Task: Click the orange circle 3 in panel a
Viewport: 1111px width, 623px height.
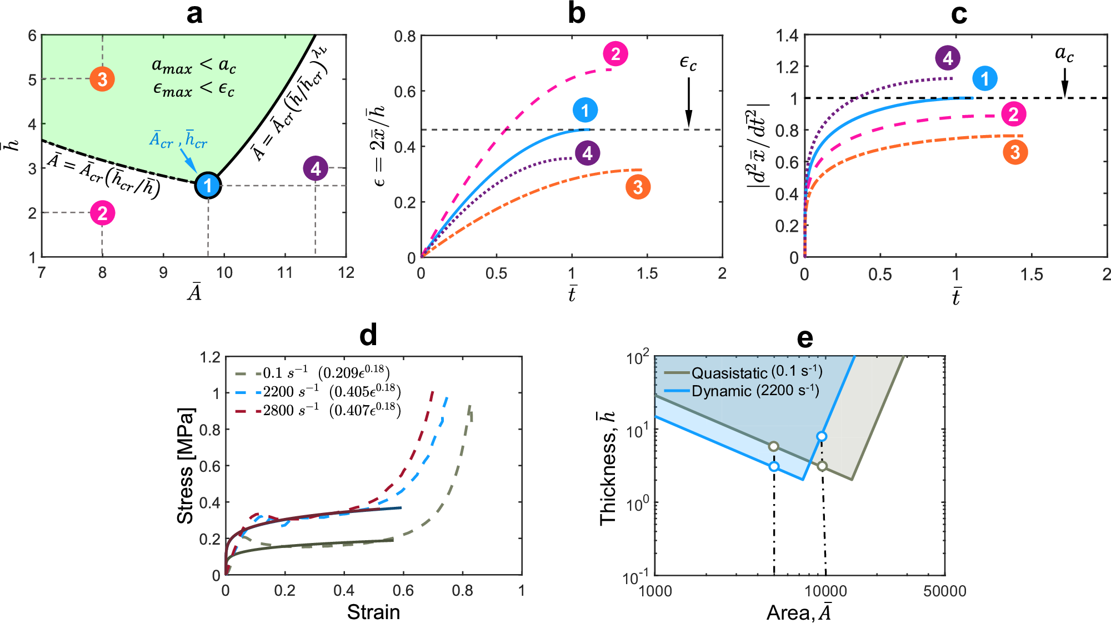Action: pyautogui.click(x=102, y=79)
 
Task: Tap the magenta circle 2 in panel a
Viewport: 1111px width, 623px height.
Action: pyautogui.click(x=103, y=213)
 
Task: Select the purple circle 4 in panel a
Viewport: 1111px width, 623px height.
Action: pyautogui.click(x=316, y=168)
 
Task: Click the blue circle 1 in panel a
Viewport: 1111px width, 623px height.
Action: pyautogui.click(x=208, y=185)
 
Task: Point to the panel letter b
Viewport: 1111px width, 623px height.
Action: pyautogui.click(x=577, y=13)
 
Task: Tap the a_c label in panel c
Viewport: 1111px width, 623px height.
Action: pyautogui.click(x=1064, y=54)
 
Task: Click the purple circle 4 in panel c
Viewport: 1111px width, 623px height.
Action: pyautogui.click(x=948, y=58)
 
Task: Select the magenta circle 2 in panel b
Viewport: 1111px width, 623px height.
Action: pyautogui.click(x=615, y=54)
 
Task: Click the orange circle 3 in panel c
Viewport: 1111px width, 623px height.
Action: pyautogui.click(x=1015, y=152)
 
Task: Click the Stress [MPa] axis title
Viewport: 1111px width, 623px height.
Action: pyautogui.click(x=186, y=466)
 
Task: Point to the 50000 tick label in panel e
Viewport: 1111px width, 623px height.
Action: pyautogui.click(x=944, y=591)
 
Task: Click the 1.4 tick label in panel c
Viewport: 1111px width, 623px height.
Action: pyautogui.click(x=787, y=36)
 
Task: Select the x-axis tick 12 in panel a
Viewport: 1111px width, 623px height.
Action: pyautogui.click(x=346, y=272)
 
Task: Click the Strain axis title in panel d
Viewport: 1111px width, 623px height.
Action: pyautogui.click(x=373, y=612)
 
